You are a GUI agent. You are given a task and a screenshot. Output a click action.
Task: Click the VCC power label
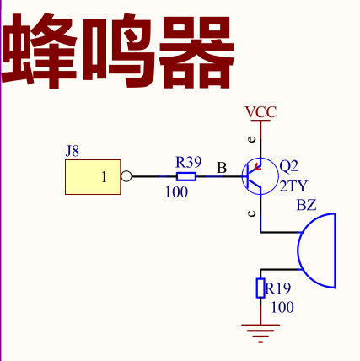pos(261,112)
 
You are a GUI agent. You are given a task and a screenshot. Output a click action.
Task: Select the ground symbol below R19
pos(261,334)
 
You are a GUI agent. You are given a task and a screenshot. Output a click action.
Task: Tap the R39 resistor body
pos(186,176)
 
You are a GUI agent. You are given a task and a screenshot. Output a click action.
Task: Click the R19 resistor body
pos(261,288)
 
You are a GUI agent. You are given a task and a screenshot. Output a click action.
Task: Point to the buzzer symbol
pos(316,251)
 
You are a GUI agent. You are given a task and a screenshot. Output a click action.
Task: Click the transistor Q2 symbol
pos(260,176)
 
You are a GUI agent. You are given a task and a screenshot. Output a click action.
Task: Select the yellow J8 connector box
pos(93,177)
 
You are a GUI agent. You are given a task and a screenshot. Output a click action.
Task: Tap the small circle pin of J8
pos(126,176)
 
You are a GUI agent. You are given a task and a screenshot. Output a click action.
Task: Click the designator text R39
pos(189,162)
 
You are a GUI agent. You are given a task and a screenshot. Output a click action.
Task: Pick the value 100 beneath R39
pos(176,192)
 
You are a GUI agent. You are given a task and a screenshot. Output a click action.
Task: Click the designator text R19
pos(278,288)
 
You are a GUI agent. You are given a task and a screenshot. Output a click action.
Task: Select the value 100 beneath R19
pos(282,307)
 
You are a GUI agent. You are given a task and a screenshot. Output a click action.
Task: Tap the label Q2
pos(289,166)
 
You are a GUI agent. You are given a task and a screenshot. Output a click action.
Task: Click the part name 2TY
pos(293,186)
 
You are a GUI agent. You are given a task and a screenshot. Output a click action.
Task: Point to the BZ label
pos(307,205)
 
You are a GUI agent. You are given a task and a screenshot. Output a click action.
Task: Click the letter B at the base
pos(222,168)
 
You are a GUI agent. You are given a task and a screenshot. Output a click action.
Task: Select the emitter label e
pos(253,139)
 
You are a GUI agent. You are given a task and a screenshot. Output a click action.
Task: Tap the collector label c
pos(252,213)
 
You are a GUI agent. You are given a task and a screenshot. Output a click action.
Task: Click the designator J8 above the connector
pos(73,151)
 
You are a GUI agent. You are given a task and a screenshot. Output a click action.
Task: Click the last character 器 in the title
pos(196,51)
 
